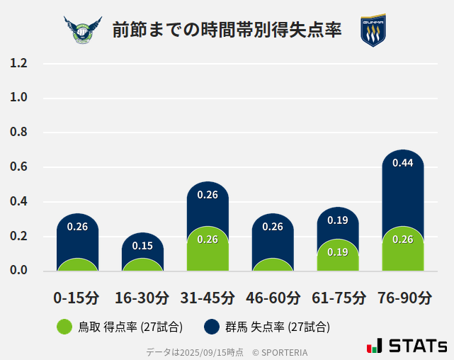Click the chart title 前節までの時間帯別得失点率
pos(227,30)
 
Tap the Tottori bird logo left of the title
pos(83,30)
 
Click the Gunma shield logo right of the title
pos(373,30)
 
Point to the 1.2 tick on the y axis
pos(19,64)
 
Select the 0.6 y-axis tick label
pos(19,167)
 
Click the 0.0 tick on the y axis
pos(19,271)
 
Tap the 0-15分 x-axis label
pos(76,298)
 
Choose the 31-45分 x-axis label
pos(208,298)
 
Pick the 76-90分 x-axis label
pos(404,298)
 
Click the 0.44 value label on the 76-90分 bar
pos(403,163)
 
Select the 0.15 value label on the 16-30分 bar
pos(142,246)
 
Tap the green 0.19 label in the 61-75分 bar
pos(338,252)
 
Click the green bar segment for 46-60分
pos(273,265)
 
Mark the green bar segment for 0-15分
pos(77,265)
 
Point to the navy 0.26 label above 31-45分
pos(208,195)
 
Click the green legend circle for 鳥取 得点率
pos(64,327)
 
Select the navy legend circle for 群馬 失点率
pos(212,327)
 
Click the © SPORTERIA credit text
pos(280,352)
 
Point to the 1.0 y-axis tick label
pos(19,98)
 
